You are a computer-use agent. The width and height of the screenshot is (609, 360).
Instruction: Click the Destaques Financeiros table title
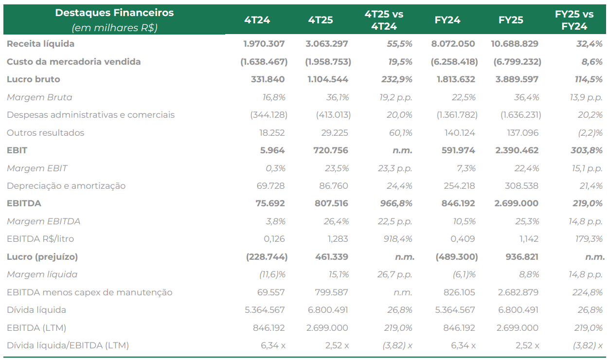pos(114,13)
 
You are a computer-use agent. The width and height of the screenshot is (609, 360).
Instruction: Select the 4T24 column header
pos(257,20)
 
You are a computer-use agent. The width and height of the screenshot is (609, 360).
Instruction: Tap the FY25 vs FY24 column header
pos(574,20)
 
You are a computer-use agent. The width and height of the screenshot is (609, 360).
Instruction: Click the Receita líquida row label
pos(40,44)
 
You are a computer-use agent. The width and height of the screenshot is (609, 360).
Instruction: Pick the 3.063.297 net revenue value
pos(326,44)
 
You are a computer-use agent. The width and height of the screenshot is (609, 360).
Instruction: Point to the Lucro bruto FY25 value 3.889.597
pos(517,79)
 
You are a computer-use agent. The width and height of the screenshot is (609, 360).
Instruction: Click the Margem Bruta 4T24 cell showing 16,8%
pos(274,97)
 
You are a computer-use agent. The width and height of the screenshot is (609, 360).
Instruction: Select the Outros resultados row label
pos(45,133)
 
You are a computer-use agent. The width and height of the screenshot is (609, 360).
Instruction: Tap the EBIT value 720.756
pos(331,150)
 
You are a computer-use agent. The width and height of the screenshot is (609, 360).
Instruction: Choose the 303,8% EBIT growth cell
pos(587,150)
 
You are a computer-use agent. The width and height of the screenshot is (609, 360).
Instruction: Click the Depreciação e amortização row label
pos(66,186)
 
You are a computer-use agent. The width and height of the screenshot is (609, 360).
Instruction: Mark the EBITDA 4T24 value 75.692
pos(270,203)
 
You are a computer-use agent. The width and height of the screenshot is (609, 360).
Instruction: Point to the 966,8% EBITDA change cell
pos(396,203)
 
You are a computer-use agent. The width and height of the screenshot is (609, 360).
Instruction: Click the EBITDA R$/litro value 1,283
pos(338,239)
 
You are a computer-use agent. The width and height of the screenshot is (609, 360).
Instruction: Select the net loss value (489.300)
pos(456,257)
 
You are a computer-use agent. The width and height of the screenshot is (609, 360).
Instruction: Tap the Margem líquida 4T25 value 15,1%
pos(339,274)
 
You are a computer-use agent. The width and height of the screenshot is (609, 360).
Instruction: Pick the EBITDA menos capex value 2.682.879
pos(518,292)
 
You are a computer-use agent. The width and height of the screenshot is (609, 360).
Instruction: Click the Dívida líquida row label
pos(36,310)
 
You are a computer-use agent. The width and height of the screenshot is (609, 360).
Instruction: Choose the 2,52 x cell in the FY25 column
pos(527,345)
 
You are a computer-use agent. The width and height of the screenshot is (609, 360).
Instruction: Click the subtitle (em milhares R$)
pos(114,28)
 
